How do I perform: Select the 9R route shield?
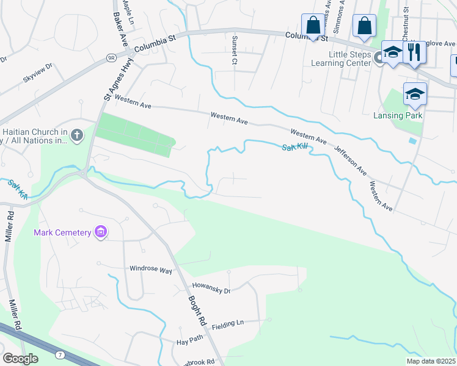point(111,57)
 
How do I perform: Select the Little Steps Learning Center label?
point(350,59)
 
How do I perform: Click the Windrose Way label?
point(150,268)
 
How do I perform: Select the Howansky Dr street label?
point(211,289)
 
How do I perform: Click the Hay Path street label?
point(189,343)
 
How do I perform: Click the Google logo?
point(20,358)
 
